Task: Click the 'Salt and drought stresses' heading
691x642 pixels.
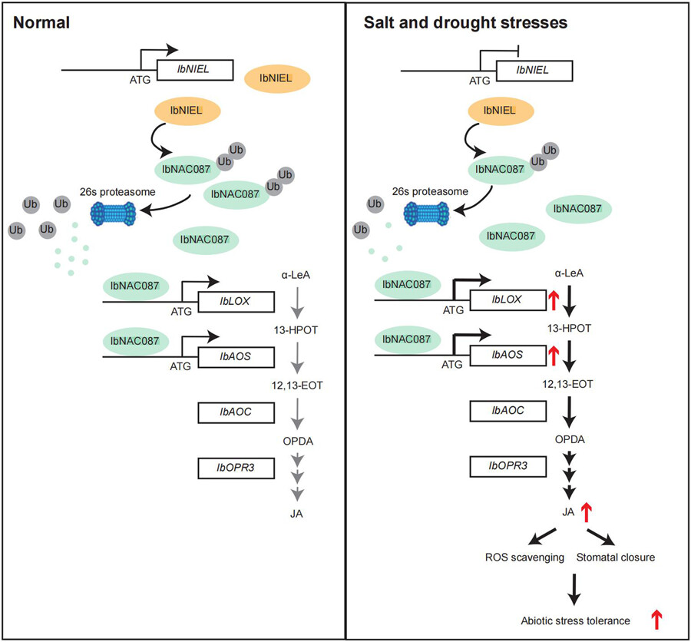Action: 465,23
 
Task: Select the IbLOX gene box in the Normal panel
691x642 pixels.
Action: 236,301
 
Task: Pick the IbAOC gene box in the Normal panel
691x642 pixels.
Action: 236,412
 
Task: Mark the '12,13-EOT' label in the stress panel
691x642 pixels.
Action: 570,382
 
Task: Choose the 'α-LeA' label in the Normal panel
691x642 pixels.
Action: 299,274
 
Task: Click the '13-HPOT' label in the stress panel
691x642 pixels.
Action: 570,327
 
